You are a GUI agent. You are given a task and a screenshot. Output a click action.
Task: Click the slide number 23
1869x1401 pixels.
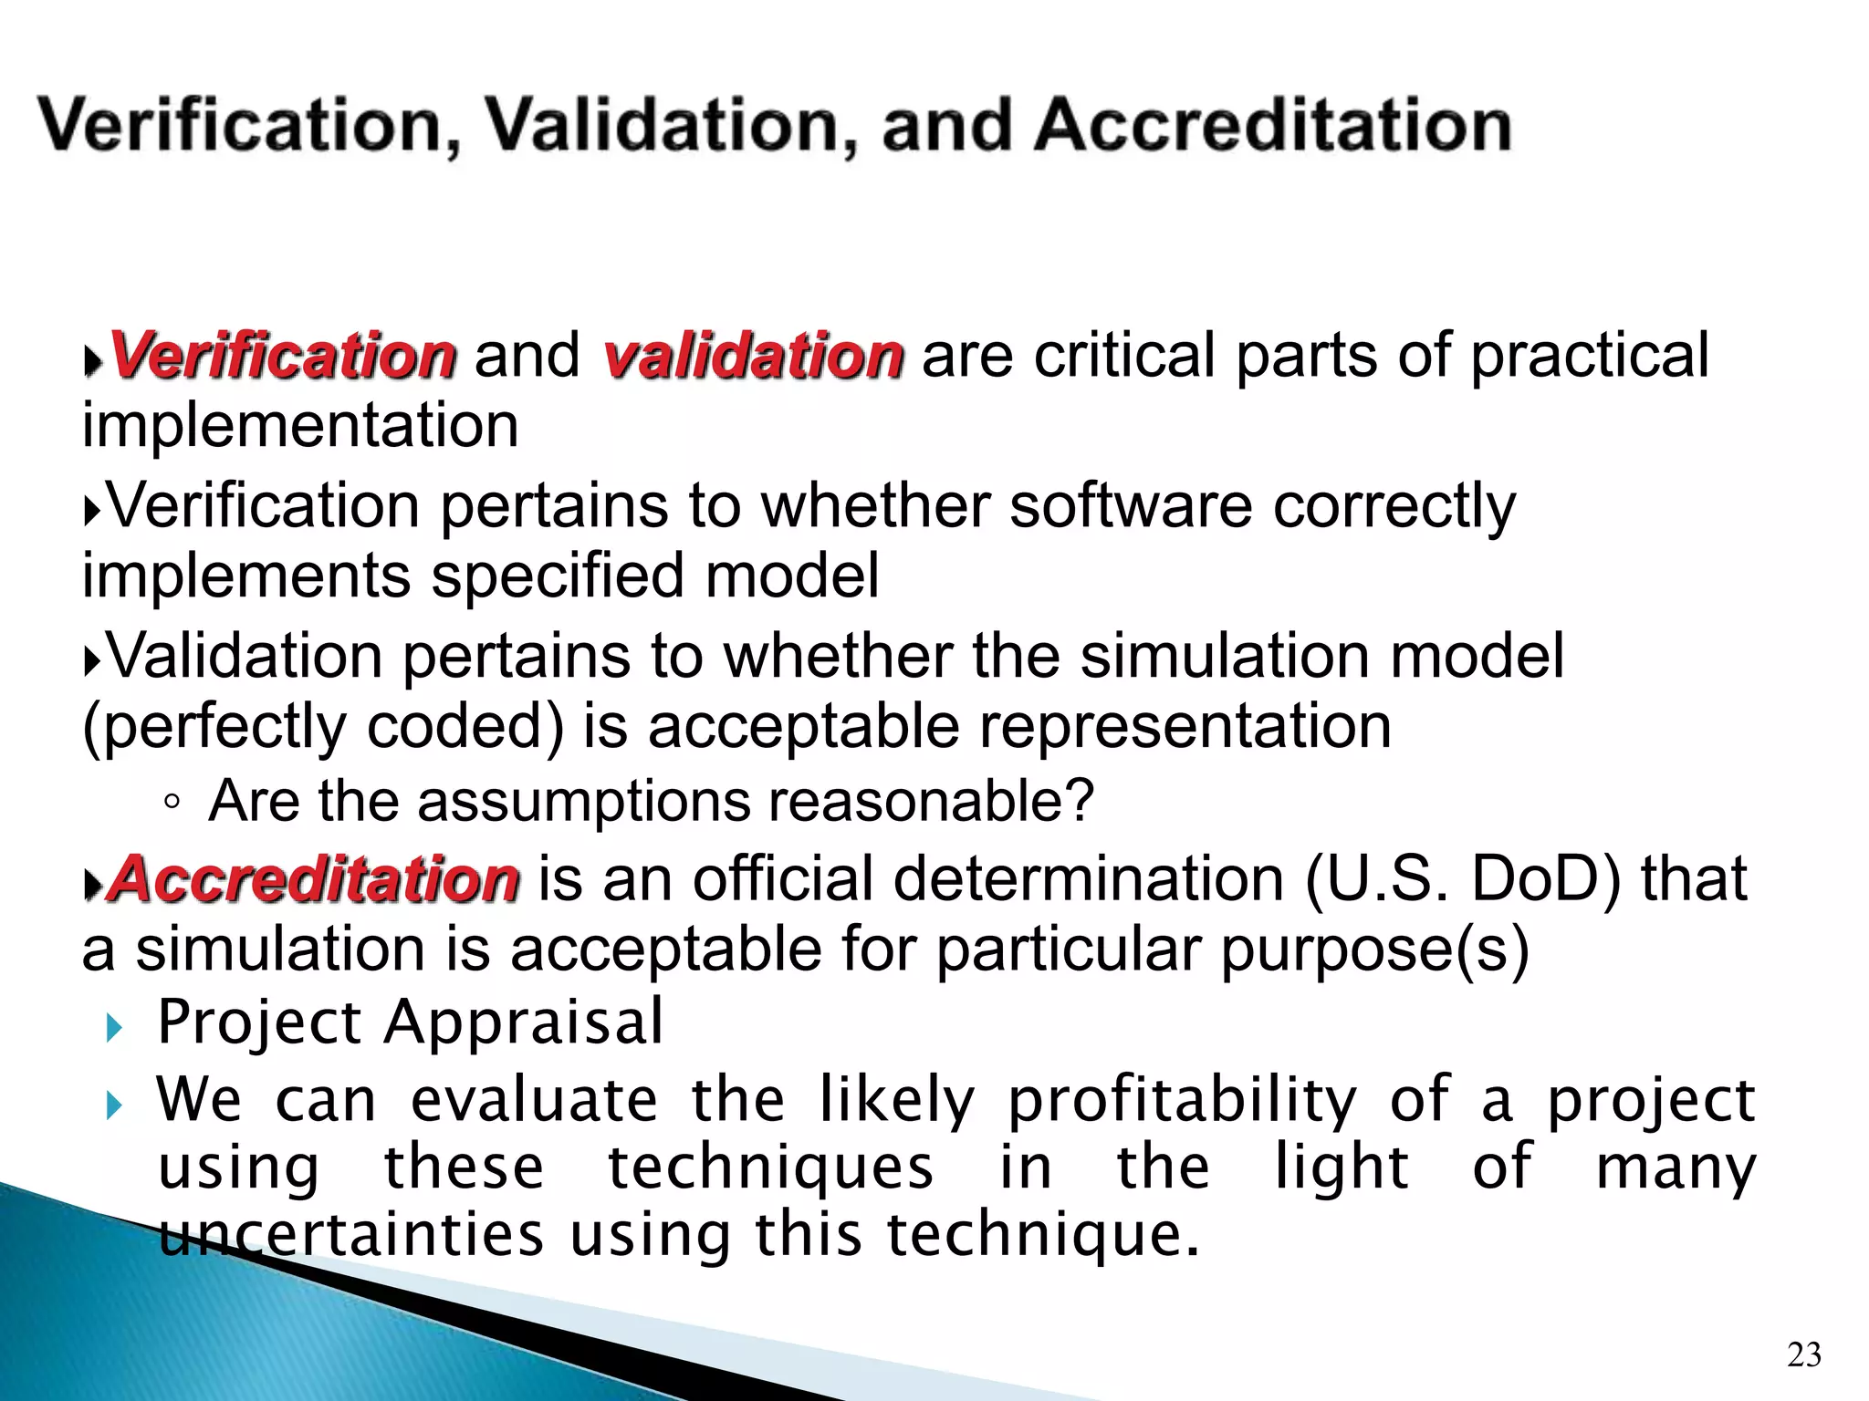1803,1354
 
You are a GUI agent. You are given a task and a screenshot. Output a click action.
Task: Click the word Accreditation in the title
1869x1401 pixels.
1273,125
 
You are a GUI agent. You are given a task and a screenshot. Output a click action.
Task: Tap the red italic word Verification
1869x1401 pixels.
282,355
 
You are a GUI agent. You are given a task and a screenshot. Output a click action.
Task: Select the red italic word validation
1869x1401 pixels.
753,355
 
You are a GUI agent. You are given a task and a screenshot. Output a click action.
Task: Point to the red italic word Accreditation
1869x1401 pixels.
314,879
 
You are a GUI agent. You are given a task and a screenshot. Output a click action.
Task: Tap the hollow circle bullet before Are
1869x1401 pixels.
172,803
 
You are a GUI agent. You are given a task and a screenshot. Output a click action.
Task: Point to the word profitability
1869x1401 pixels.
1182,1100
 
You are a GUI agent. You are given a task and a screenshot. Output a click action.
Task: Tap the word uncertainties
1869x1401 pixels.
351,1234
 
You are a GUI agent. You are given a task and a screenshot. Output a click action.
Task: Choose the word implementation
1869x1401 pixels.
300,426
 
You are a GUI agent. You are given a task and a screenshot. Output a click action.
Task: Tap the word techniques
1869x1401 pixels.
771,1167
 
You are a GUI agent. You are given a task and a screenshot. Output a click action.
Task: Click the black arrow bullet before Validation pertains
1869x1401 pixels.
91,660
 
